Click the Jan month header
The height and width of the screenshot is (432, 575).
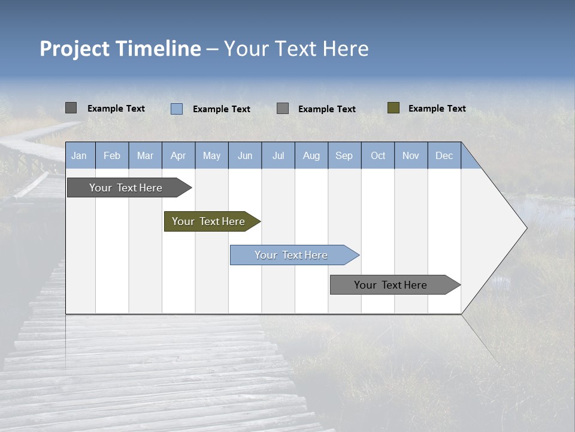[x=79, y=155]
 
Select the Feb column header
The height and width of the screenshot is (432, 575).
[x=112, y=155]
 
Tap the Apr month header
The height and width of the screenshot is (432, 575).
[x=178, y=155]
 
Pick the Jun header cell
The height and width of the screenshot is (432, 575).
[x=245, y=155]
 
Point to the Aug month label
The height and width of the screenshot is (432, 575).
[x=311, y=155]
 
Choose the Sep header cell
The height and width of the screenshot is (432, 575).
[x=344, y=155]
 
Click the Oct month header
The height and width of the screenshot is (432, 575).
[x=378, y=155]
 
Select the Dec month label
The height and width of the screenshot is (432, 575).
[x=444, y=155]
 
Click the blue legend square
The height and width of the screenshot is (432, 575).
[x=177, y=109]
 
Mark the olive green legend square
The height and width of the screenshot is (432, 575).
[x=394, y=108]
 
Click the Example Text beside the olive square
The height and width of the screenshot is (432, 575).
[x=437, y=108]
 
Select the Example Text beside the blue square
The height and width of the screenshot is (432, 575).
[x=221, y=109]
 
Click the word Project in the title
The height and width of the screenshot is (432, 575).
[x=75, y=49]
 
